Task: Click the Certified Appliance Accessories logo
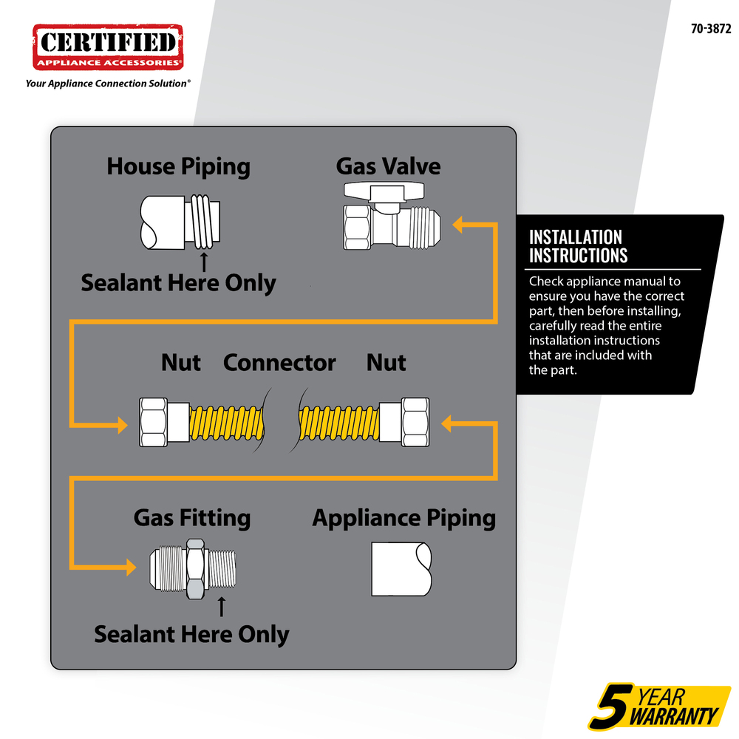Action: click(108, 47)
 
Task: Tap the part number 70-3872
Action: click(711, 30)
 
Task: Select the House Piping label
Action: click(178, 167)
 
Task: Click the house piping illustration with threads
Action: click(180, 222)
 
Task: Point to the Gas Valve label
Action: click(389, 166)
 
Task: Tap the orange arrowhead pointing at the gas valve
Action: click(458, 225)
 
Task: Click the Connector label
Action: click(279, 362)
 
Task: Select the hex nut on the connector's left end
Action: click(153, 422)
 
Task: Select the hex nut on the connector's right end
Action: click(415, 422)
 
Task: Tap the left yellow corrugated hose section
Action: click(227, 423)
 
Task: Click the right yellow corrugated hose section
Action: click(339, 423)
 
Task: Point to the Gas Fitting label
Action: click(192, 518)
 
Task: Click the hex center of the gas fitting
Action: click(196, 569)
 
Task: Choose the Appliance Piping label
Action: click(404, 519)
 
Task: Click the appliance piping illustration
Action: click(401, 569)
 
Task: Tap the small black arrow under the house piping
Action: click(204, 262)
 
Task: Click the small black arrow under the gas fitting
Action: click(222, 607)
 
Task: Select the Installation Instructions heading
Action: click(579, 247)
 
